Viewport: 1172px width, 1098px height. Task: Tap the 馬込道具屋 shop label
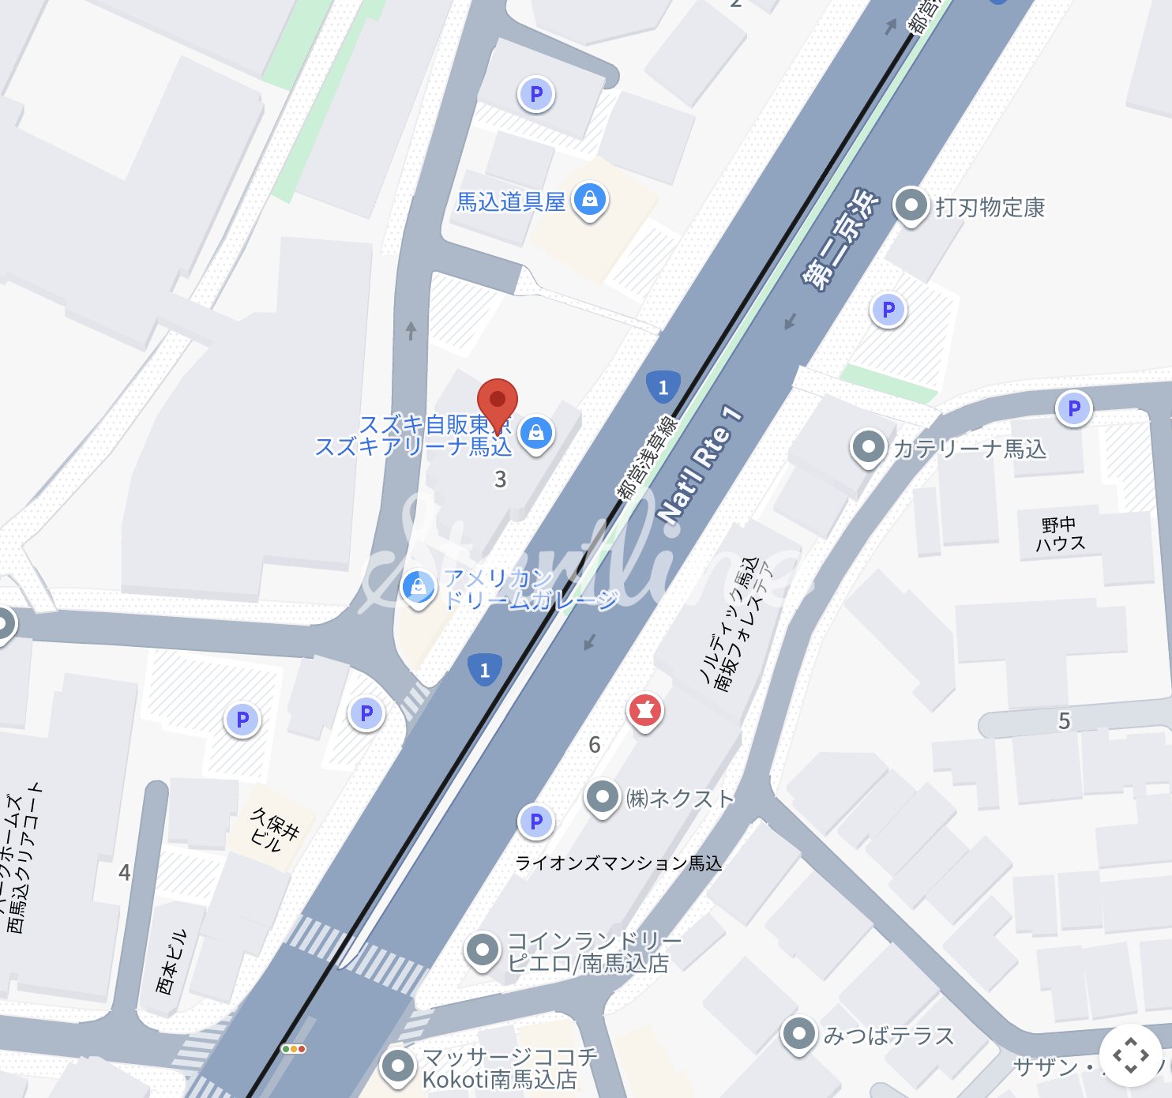pyautogui.click(x=511, y=202)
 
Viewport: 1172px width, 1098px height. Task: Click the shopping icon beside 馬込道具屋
pyautogui.click(x=589, y=200)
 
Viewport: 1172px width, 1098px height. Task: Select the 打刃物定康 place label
pyautogui.click(x=990, y=208)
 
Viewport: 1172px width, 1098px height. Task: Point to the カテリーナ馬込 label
pyautogui.click(x=969, y=449)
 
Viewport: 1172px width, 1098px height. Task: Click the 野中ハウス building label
pyautogui.click(x=1059, y=534)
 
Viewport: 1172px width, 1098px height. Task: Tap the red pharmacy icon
pyautogui.click(x=644, y=710)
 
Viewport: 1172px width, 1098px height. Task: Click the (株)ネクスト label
pyautogui.click(x=680, y=799)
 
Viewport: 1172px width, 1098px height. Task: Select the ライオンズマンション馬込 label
pyautogui.click(x=618, y=863)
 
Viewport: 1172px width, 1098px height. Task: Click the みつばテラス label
pyautogui.click(x=888, y=1036)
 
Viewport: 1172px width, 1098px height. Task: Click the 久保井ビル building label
pyautogui.click(x=275, y=829)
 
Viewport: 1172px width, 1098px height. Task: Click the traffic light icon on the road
pyautogui.click(x=294, y=1049)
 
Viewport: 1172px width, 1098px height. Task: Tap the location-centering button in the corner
pyautogui.click(x=1130, y=1055)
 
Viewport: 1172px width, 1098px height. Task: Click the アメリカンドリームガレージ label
pyautogui.click(x=530, y=589)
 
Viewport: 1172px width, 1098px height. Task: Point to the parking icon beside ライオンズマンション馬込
pyautogui.click(x=536, y=822)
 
